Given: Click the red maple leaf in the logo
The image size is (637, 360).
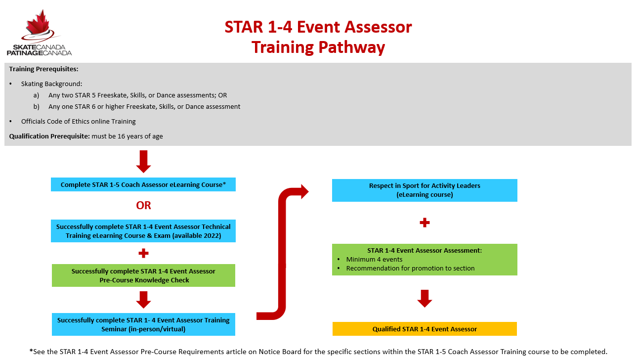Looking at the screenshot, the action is [38, 23].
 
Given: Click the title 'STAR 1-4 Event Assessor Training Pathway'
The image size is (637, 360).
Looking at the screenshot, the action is [318, 37].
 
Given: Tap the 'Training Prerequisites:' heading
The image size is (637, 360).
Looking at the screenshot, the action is [43, 69].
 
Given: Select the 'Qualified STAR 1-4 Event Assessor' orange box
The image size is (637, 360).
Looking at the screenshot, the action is [425, 329].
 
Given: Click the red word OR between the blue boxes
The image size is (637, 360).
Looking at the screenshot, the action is [143, 206].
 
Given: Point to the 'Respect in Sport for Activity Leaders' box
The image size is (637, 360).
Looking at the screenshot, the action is [425, 190].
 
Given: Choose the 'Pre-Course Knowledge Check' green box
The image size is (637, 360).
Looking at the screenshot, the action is [143, 275].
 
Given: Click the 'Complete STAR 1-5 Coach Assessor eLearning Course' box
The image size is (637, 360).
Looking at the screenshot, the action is [143, 184].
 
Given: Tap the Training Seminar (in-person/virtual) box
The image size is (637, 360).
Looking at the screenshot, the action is [143, 324].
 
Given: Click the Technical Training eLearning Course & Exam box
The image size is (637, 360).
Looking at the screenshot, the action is [143, 231].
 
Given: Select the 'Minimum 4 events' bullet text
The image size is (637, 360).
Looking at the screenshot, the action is [374, 260].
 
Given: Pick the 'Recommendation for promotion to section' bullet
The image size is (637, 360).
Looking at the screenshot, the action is [410, 269].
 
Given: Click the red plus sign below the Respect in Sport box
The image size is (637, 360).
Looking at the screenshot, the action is [425, 223].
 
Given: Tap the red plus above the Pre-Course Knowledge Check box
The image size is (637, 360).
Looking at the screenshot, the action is [143, 253].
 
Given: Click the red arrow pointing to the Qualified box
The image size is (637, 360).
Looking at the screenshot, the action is [425, 299].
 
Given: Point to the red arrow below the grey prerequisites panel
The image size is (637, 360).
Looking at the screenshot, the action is [143, 162].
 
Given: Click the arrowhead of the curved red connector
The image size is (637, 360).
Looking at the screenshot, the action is [304, 191].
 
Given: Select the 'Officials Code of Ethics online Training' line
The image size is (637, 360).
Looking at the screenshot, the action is [78, 122].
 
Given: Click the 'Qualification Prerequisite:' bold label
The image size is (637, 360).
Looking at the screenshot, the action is [49, 136].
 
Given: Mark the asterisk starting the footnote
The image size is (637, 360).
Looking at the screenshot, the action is [31, 351].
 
